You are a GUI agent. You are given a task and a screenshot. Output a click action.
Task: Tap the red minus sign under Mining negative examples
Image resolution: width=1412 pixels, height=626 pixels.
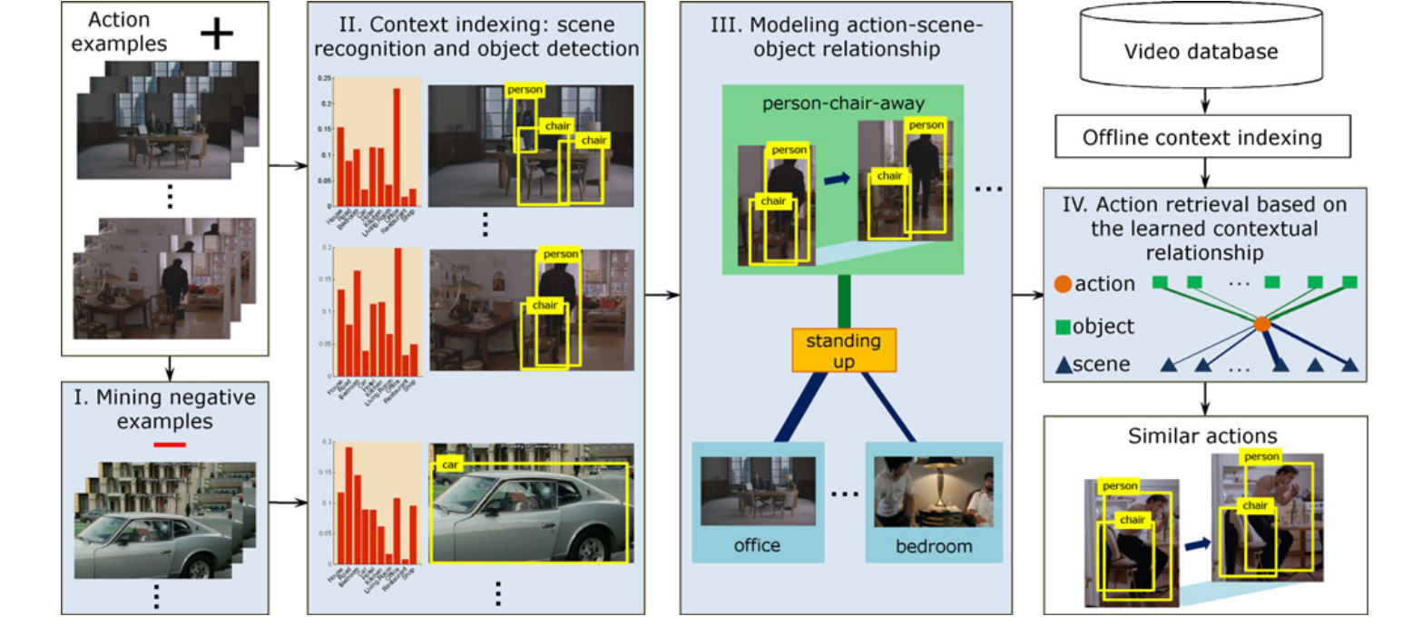(x=169, y=444)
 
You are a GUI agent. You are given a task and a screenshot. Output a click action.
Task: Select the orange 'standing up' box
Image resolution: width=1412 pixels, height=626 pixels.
(x=844, y=349)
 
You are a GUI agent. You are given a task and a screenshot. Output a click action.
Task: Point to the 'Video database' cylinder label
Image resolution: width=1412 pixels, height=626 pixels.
(x=1201, y=52)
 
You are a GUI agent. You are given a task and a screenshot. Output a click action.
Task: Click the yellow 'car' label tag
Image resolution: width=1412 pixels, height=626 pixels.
(x=446, y=464)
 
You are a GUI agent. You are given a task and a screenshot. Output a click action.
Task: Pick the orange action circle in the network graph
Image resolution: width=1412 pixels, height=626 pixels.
(x=1260, y=323)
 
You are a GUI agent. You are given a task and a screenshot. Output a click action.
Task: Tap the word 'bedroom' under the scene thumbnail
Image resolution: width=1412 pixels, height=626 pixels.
(x=934, y=546)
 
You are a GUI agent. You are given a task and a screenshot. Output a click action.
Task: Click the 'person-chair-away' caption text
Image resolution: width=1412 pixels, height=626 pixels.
(x=844, y=103)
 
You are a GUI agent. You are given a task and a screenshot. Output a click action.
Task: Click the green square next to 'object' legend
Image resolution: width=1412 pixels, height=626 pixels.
(x=1064, y=323)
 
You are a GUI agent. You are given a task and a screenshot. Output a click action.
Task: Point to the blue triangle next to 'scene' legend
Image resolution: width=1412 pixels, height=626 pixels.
(x=1063, y=365)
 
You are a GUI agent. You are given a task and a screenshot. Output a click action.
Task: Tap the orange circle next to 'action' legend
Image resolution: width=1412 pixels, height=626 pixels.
(x=1063, y=283)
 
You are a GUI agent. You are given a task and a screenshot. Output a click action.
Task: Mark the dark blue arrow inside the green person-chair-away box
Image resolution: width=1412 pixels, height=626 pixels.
(x=837, y=181)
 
